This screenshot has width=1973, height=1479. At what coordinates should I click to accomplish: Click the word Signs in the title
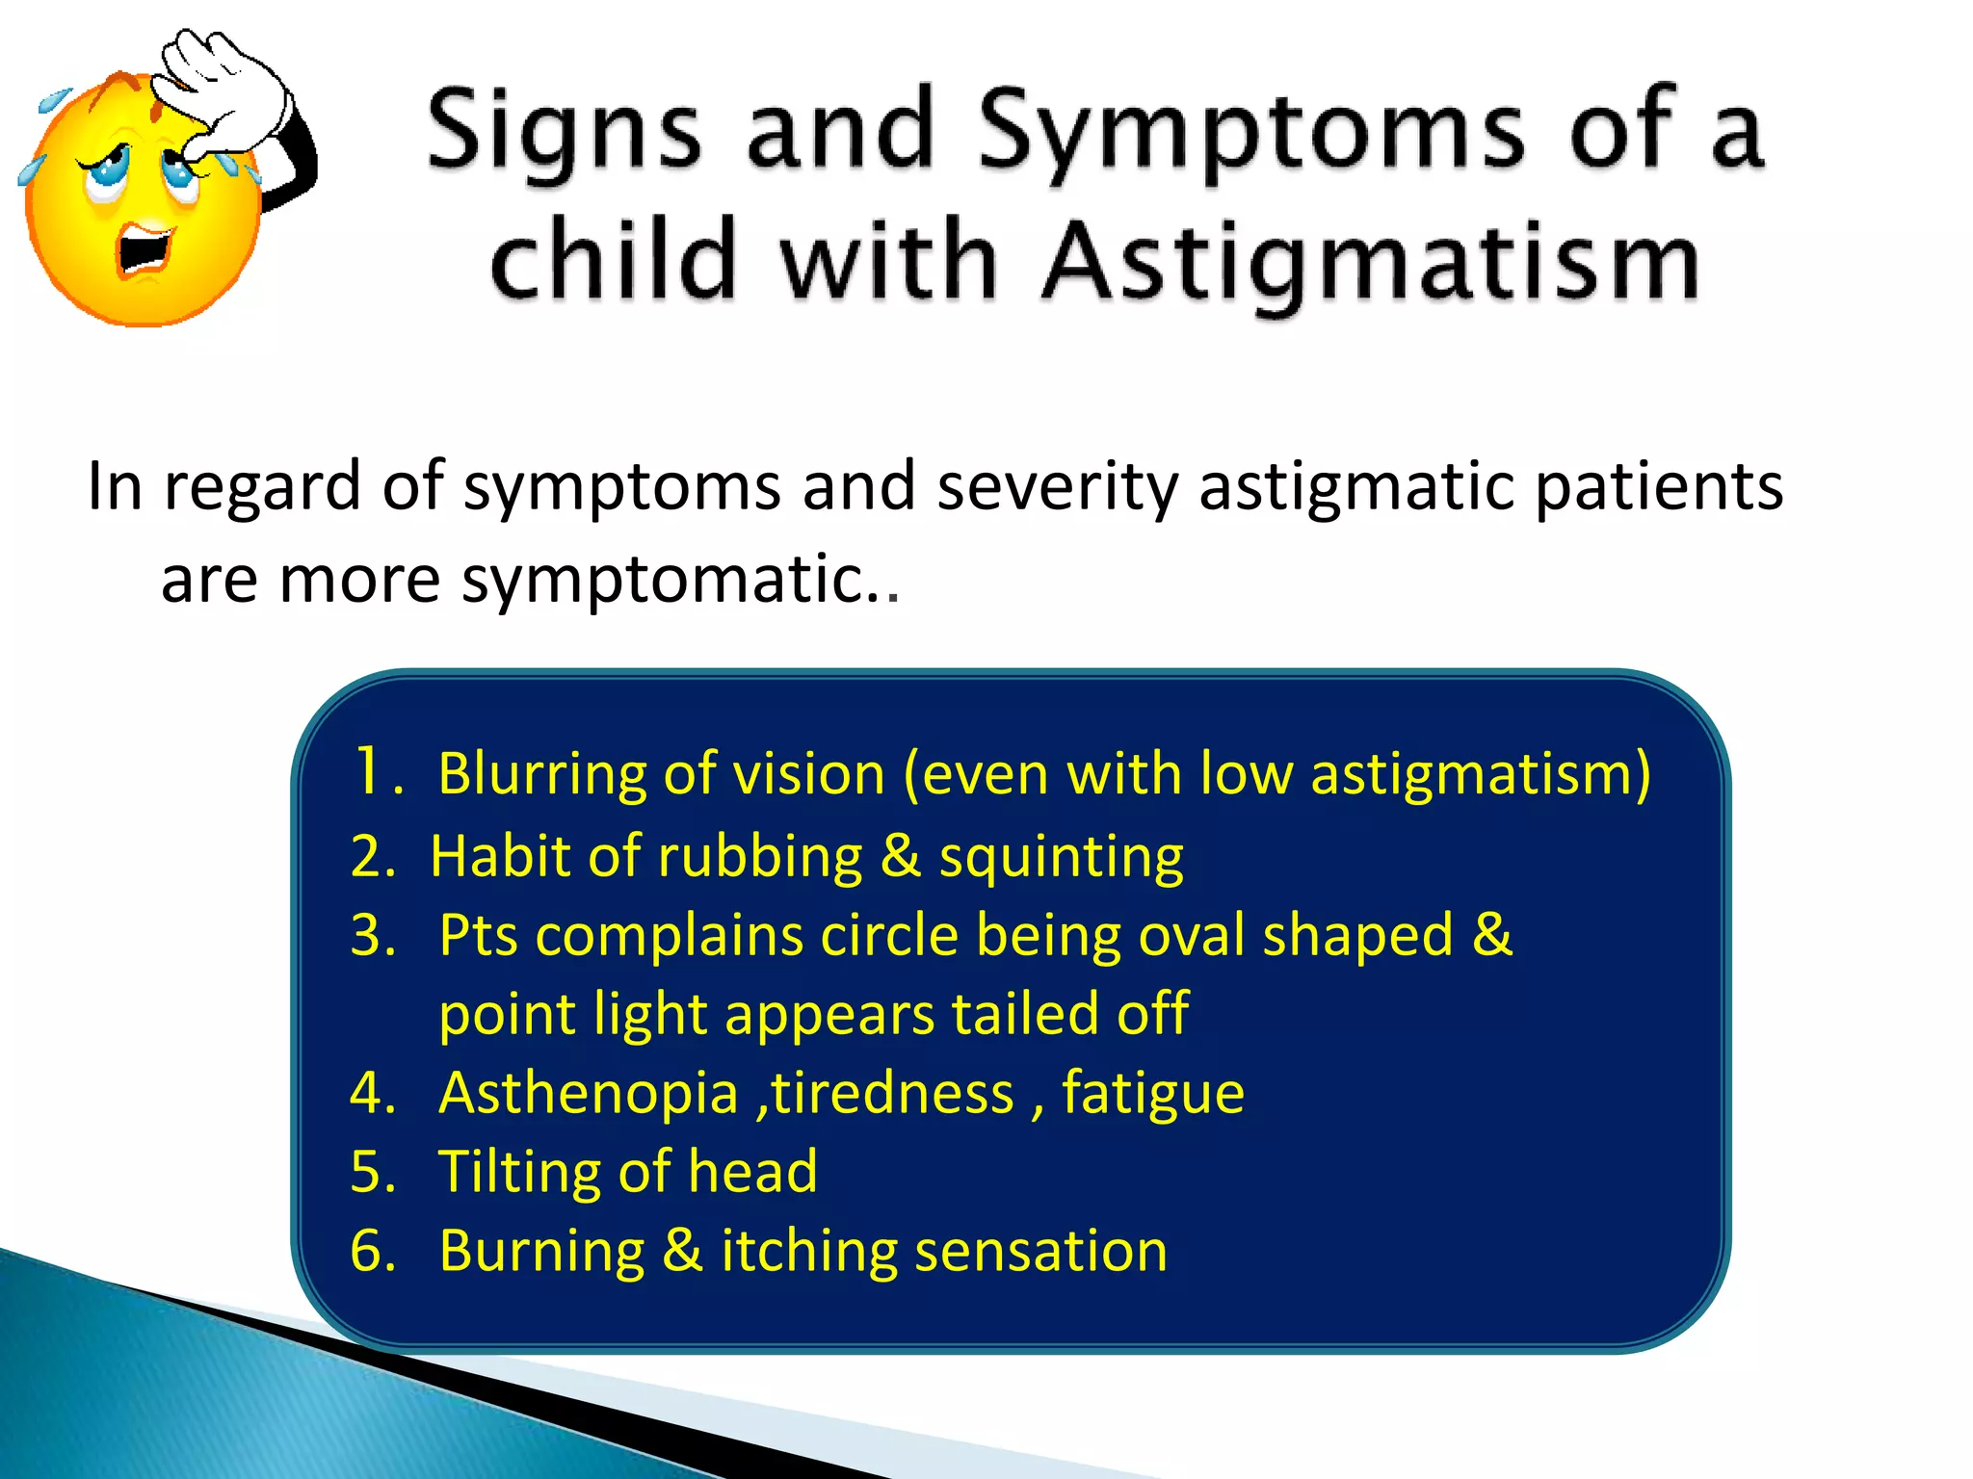[x=564, y=130]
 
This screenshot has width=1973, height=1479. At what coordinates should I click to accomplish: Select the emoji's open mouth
[x=145, y=252]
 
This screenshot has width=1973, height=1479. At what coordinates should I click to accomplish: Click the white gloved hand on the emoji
[x=226, y=91]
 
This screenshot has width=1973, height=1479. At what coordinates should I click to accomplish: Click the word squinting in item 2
[x=1061, y=857]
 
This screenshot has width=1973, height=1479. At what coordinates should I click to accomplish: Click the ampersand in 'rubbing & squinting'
[x=900, y=857]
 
